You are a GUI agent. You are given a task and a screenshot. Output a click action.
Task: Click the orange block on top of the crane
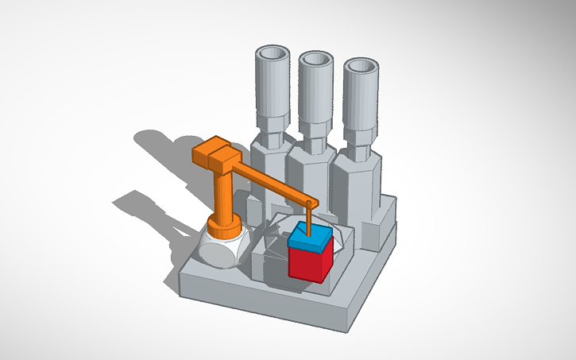coord(213,152)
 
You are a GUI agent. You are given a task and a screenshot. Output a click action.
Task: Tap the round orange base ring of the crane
coord(225,226)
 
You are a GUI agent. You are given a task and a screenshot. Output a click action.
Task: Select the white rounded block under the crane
coord(219,250)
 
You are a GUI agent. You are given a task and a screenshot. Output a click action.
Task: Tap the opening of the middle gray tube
coord(316,60)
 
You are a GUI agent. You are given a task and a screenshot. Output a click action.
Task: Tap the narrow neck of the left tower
coord(270,127)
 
